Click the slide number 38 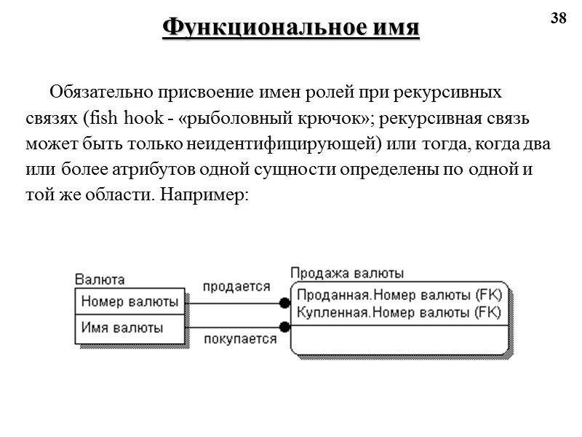(558, 19)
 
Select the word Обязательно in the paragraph (94, 93)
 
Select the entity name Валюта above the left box (100, 279)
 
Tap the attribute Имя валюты (122, 327)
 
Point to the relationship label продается (236, 287)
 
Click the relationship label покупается (240, 339)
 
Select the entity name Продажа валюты (347, 273)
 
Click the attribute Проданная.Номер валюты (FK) (399, 296)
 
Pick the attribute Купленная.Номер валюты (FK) (399, 312)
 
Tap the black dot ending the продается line (284, 302)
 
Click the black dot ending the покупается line (284, 328)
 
